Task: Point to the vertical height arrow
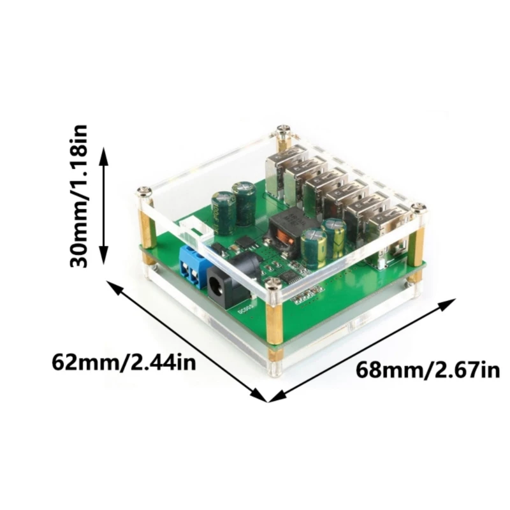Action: point(105,204)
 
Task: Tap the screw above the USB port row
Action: point(282,132)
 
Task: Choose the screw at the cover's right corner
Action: point(418,207)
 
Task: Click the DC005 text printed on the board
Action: point(246,312)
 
